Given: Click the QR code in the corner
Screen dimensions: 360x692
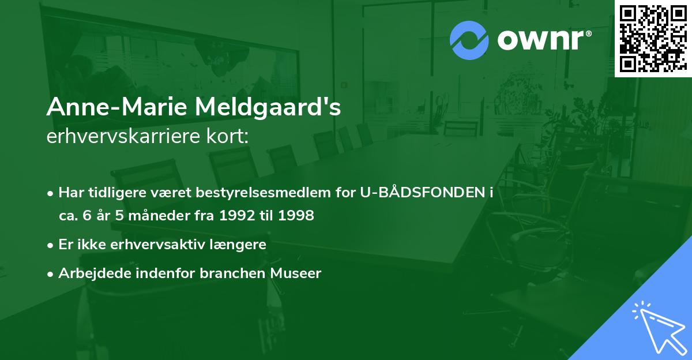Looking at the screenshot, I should point(653,38).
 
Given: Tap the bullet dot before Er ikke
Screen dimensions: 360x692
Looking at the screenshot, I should point(51,245).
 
